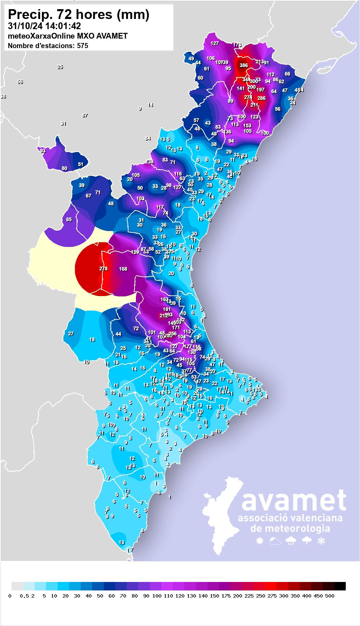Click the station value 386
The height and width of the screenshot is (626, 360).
coord(244,65)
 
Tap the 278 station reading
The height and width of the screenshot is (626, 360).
coord(103,269)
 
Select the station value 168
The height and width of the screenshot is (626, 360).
coord(123,269)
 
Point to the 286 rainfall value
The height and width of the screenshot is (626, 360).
coord(261,98)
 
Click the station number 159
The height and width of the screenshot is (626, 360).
coord(135,252)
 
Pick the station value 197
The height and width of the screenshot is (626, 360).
coord(260,90)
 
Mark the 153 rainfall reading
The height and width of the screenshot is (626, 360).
coord(247,125)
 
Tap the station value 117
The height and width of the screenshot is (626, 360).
coord(160,207)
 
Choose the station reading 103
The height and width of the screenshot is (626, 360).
coord(140,199)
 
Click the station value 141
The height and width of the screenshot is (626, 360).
coord(241,88)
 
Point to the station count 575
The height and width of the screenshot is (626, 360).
coord(82,46)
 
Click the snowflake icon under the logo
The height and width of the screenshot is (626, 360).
coord(321,541)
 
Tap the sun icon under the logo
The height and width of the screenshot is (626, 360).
coord(260,541)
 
